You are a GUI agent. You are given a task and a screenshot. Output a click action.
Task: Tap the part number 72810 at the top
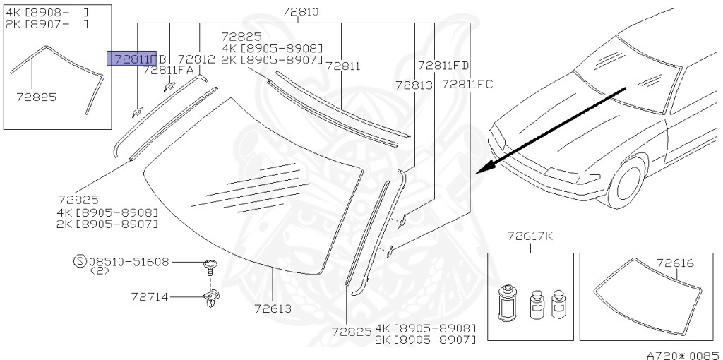[x=300, y=11]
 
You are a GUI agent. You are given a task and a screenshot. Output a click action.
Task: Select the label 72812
[x=196, y=59]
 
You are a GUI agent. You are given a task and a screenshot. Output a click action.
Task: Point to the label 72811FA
[x=168, y=70]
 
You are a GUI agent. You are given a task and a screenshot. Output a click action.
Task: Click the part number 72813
[x=414, y=85]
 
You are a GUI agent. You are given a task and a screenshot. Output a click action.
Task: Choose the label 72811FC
[x=467, y=85]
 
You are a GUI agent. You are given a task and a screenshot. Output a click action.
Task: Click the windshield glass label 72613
[x=273, y=308]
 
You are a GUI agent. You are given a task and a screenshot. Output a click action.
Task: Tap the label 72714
[x=150, y=297]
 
